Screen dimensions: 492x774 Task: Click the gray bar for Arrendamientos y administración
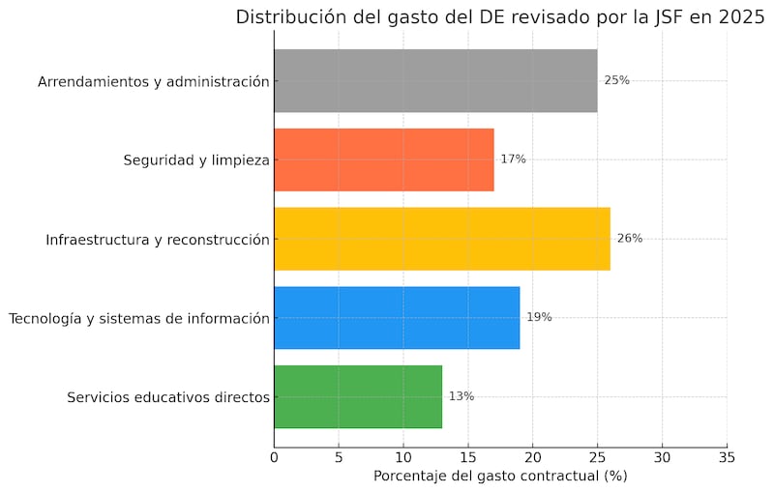[435, 81]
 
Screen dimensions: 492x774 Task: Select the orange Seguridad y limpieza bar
[384, 159]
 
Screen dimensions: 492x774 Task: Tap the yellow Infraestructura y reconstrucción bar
[442, 239]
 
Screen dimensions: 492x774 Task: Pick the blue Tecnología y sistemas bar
[397, 317]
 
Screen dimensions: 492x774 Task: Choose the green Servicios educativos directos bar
[358, 396]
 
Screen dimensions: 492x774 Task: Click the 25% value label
[616, 81]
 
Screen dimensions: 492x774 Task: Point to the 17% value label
[513, 159]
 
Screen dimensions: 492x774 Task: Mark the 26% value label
[629, 239]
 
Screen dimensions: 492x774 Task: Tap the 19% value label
[539, 317]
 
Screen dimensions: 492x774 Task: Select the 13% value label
[461, 396]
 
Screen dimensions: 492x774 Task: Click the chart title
[500, 16]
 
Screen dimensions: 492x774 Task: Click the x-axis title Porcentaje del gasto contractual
[500, 476]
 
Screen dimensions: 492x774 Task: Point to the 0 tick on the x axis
[275, 456]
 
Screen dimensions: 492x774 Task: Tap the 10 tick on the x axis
[403, 456]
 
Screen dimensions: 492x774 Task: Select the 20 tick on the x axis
[533, 456]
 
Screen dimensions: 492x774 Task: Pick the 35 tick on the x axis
[727, 456]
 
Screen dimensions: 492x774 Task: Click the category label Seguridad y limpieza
[195, 159]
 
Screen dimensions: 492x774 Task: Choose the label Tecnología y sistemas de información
[138, 318]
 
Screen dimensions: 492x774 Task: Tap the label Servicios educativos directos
[168, 397]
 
